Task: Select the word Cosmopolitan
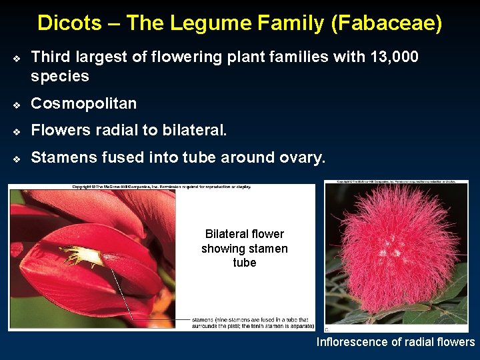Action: (84, 103)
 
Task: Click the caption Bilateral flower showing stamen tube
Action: (245, 248)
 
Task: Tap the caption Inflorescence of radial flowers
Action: (395, 342)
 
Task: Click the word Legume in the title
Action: (207, 23)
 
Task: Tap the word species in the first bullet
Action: (60, 76)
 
